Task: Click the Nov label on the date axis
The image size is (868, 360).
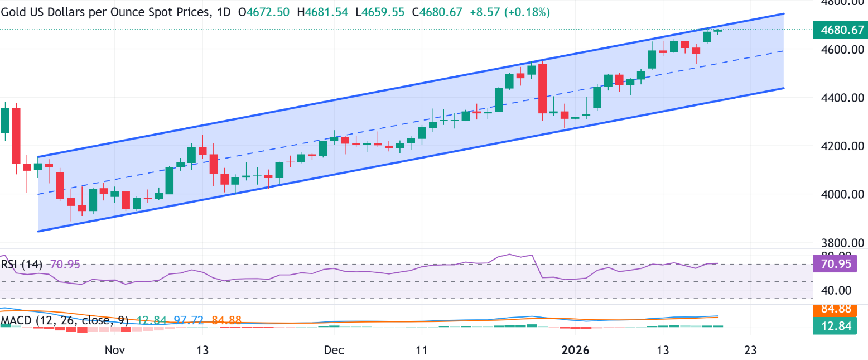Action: coord(114,350)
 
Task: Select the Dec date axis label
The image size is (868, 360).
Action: coord(334,350)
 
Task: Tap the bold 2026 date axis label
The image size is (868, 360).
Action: coord(575,350)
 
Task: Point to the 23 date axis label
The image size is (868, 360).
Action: coord(751,350)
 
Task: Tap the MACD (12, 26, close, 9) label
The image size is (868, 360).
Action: coord(65,321)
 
